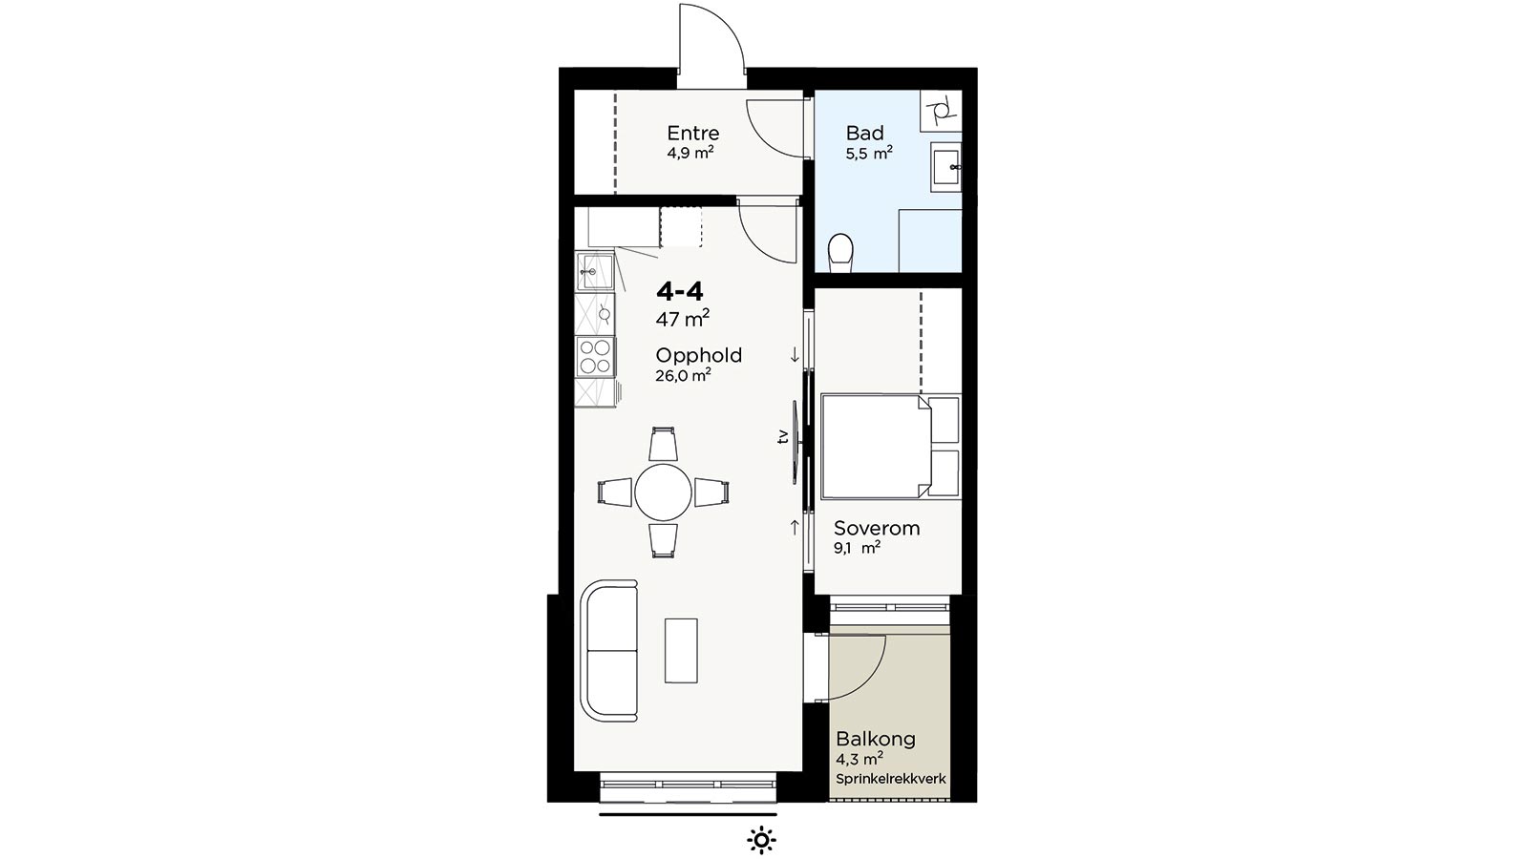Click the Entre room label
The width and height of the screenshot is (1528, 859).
click(x=693, y=133)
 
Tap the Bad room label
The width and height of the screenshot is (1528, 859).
click(x=865, y=133)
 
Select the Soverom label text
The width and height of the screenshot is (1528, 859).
click(x=877, y=528)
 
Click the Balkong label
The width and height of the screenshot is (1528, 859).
click(x=876, y=739)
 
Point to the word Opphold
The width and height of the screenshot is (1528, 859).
click(x=698, y=356)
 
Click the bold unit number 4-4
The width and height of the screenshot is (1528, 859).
click(x=679, y=292)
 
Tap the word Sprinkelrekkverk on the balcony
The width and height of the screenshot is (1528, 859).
click(x=891, y=779)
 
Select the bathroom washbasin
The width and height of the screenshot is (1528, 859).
click(x=946, y=165)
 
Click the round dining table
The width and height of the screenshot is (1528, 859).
click(x=663, y=492)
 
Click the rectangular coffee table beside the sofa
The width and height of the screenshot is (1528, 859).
click(x=682, y=650)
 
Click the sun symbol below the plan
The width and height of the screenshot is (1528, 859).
click(x=761, y=840)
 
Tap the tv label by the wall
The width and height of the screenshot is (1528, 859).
click(x=783, y=436)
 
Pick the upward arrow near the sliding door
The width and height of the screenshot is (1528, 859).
click(x=795, y=527)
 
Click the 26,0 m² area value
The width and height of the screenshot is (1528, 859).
click(x=684, y=376)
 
